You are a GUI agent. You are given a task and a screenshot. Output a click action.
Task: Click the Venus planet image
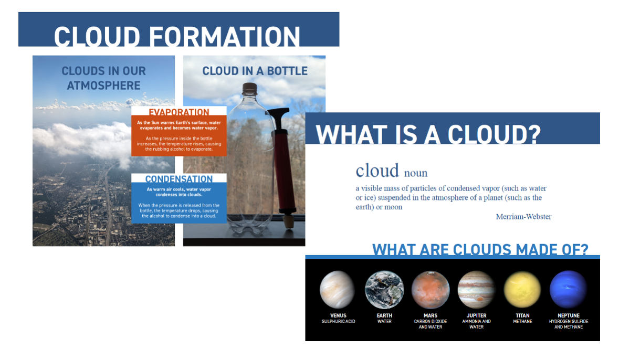click(337, 290)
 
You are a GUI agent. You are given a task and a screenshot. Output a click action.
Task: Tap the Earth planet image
click(384, 290)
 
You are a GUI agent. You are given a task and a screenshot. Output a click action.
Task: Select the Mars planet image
click(430, 290)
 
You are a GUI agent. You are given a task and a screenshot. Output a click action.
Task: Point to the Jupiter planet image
click(477, 290)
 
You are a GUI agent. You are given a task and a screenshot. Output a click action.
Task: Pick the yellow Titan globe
click(522, 290)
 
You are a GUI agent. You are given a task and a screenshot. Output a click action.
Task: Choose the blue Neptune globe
click(568, 290)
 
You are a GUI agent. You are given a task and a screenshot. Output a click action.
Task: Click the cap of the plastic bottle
click(249, 88)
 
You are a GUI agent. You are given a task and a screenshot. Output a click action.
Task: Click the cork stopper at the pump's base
click(288, 221)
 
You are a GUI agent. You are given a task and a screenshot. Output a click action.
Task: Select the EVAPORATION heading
click(179, 112)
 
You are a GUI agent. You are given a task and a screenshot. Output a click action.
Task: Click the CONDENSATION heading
click(179, 179)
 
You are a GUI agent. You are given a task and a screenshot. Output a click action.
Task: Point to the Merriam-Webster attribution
click(523, 217)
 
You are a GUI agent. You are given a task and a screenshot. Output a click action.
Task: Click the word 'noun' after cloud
click(416, 173)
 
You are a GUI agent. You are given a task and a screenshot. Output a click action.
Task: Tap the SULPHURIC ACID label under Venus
click(338, 321)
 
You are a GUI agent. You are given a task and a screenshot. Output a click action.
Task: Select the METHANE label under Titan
click(522, 321)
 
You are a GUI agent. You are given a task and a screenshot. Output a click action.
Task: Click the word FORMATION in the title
click(224, 37)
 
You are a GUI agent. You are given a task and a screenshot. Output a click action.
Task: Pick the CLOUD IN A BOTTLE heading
click(255, 71)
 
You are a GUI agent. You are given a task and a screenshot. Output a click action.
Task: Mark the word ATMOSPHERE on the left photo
click(103, 86)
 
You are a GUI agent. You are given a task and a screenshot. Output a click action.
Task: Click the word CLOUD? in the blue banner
click(494, 134)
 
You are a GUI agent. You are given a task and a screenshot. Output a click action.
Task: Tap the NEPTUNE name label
click(569, 315)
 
